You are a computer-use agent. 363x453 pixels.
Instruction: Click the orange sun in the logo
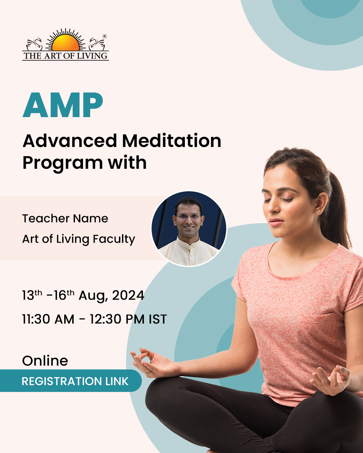click(66, 43)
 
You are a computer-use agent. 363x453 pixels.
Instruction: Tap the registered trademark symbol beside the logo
click(105, 36)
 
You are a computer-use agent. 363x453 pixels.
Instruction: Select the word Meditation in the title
click(172, 141)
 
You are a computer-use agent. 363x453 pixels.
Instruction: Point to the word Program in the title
click(63, 163)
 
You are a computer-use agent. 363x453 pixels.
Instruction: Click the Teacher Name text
click(65, 218)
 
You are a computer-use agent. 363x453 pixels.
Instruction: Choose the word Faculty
click(114, 239)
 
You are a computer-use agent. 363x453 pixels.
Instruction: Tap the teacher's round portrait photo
click(189, 229)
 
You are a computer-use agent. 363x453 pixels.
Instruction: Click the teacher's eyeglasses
click(189, 216)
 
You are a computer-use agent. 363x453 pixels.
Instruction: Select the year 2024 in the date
click(128, 295)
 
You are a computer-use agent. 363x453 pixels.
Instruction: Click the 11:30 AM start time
click(48, 319)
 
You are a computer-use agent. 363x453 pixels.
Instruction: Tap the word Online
click(45, 361)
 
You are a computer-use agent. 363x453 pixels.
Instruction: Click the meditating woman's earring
click(318, 212)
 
